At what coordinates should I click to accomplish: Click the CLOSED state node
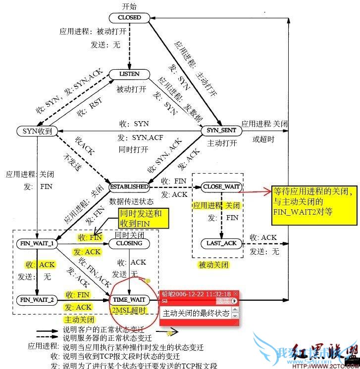pos(130,18)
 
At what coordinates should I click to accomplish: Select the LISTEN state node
pos(130,74)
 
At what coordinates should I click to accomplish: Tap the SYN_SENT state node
pos(221,131)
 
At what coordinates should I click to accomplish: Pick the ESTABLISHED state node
pos(129,187)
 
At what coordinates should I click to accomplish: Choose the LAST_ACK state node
pos(221,243)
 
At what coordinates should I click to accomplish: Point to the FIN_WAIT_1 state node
pos(37,243)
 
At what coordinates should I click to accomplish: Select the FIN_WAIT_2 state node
pos(37,300)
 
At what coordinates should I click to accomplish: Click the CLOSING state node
pos(129,243)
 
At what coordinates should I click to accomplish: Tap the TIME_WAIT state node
pos(129,300)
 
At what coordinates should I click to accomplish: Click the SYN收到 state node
pos(37,131)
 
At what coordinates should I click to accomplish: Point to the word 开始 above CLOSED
pos(129,6)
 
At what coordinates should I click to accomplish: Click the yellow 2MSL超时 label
pos(129,311)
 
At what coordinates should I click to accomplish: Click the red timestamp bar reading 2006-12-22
pos(198,294)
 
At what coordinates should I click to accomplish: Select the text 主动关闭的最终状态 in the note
pos(196,313)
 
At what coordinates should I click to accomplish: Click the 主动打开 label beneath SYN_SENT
pos(221,143)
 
